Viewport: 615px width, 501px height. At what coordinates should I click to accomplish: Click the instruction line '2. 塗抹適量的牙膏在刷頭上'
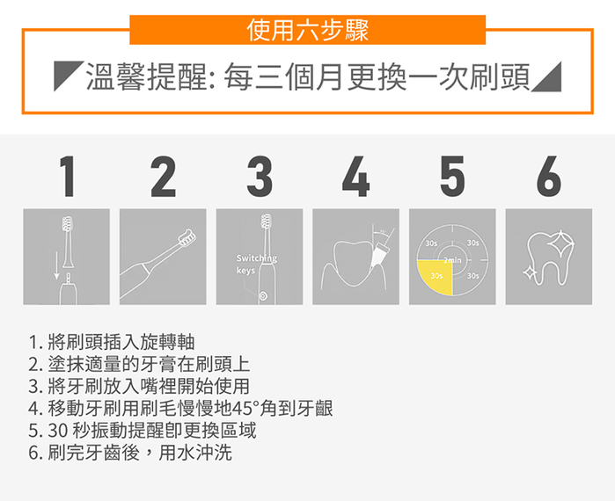point(139,364)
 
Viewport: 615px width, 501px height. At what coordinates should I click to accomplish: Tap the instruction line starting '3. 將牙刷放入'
point(139,387)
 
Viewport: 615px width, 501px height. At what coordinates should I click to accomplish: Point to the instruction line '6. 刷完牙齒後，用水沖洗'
point(131,454)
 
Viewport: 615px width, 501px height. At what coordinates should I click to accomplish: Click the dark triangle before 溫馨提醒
point(66,77)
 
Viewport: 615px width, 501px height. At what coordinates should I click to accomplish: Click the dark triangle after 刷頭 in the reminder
point(548,77)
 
